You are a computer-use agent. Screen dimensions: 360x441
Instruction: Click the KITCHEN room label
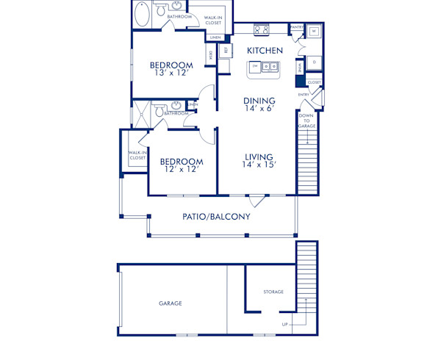click(265, 51)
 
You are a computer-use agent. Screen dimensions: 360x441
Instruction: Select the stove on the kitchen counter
click(261, 30)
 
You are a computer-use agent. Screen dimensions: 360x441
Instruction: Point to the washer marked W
click(313, 32)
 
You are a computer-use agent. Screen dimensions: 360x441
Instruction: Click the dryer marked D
click(314, 62)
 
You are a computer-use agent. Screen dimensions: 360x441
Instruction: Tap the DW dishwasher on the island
click(255, 66)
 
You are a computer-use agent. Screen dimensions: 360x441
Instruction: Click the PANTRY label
click(297, 27)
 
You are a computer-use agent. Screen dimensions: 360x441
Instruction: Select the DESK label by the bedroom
click(211, 54)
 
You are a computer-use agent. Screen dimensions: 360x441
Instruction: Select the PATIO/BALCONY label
click(216, 217)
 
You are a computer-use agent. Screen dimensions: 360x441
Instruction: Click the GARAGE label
click(171, 303)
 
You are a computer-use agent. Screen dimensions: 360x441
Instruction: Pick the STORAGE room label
click(273, 292)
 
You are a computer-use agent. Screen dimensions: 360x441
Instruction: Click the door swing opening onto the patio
click(257, 201)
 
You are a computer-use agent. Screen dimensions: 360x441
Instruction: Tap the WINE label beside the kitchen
click(301, 67)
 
